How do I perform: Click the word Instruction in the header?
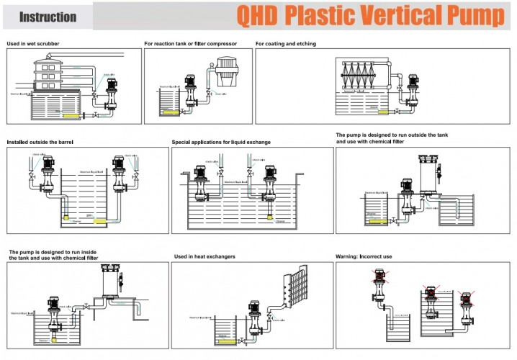tap(48, 17)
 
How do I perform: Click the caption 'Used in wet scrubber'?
tap(33, 43)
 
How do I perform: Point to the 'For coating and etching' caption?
tap(285, 43)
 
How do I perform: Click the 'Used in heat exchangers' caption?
tap(204, 256)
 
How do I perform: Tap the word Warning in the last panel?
tap(349, 256)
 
